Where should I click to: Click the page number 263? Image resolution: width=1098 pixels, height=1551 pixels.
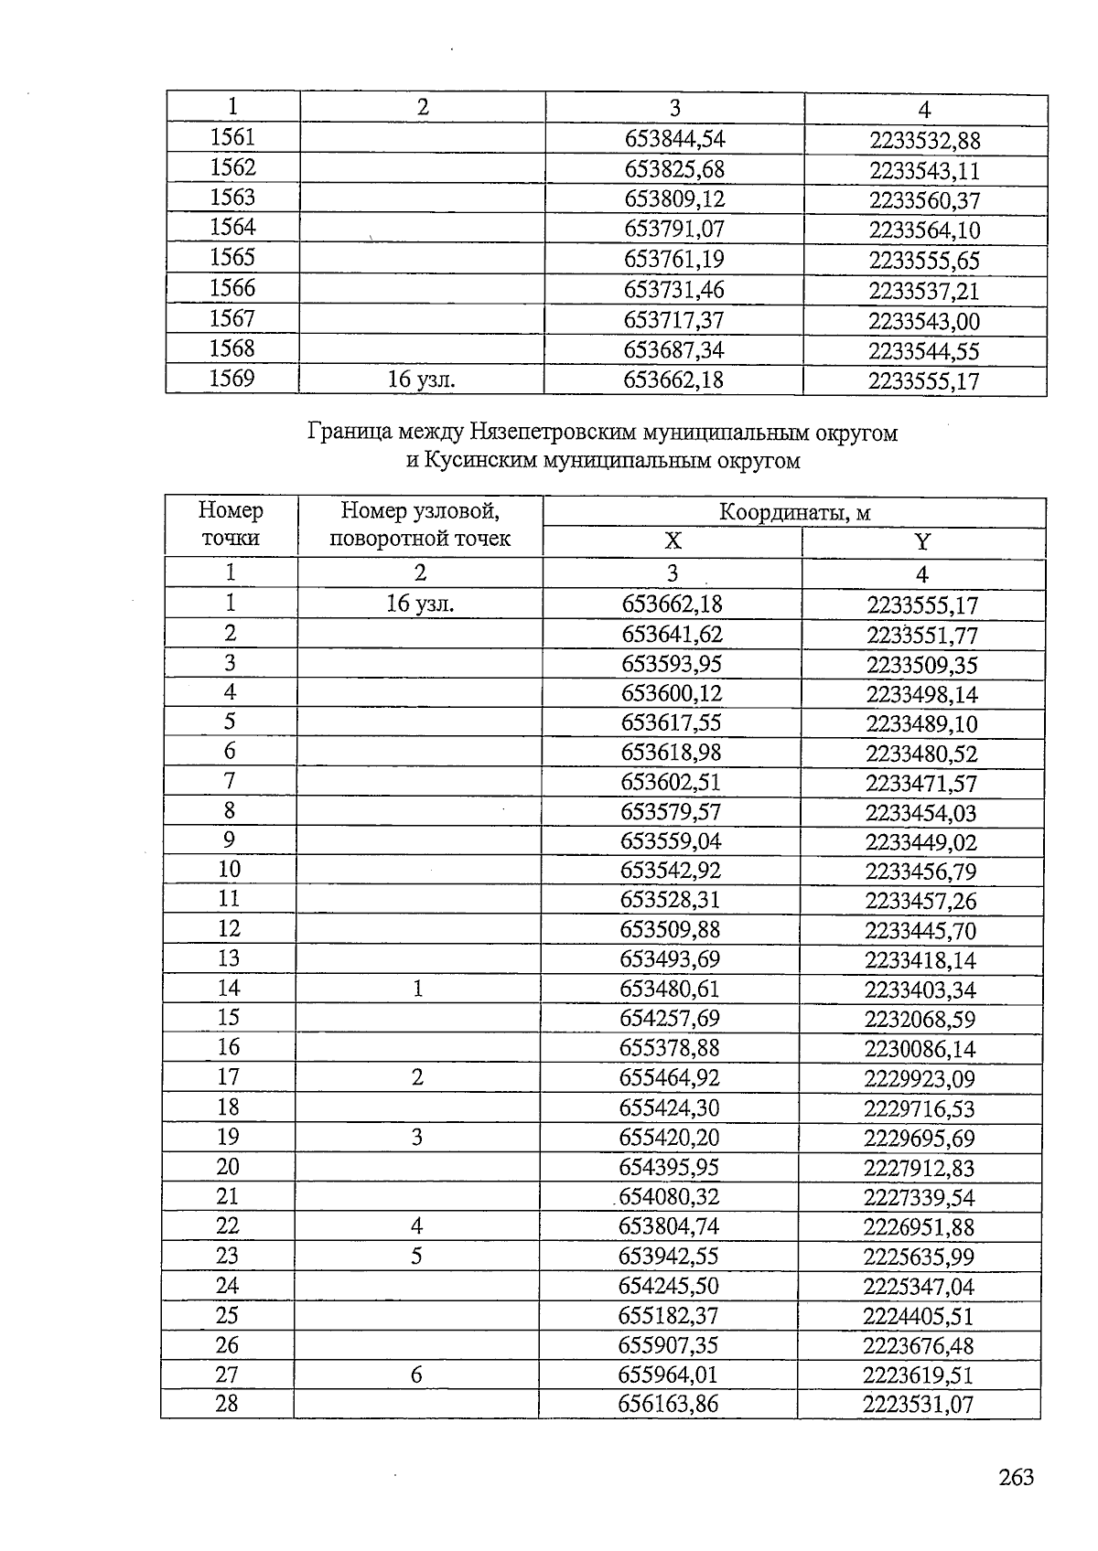tap(1017, 1477)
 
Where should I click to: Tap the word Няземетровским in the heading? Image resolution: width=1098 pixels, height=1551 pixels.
tap(555, 433)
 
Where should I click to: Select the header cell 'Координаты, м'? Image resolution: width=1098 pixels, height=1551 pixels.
tap(794, 512)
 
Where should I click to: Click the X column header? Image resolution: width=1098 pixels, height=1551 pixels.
tap(673, 541)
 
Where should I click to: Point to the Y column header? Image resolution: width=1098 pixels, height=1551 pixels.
tap(922, 542)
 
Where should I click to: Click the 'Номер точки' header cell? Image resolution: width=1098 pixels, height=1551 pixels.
tap(231, 524)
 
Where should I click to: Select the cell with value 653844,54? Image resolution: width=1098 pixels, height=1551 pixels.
tap(674, 139)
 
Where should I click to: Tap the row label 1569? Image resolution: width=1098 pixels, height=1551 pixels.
tap(232, 379)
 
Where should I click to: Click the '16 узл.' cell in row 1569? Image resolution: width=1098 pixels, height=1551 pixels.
tap(421, 380)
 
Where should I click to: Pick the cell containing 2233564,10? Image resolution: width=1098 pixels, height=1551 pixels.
tap(924, 230)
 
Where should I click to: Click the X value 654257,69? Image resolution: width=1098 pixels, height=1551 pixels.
tap(670, 1019)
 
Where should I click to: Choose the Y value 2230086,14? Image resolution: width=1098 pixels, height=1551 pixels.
tap(920, 1049)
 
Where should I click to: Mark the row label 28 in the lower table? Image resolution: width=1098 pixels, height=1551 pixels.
tap(226, 1403)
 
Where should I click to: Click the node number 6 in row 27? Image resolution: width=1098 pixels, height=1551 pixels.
tap(416, 1374)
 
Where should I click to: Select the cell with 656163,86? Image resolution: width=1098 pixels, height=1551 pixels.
tap(668, 1404)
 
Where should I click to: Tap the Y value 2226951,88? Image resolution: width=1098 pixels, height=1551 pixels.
tap(919, 1227)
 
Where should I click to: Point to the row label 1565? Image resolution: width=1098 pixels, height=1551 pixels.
tap(232, 258)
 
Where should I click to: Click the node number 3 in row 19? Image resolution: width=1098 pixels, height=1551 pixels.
tap(417, 1137)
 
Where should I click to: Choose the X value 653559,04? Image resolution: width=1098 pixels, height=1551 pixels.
tap(671, 841)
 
